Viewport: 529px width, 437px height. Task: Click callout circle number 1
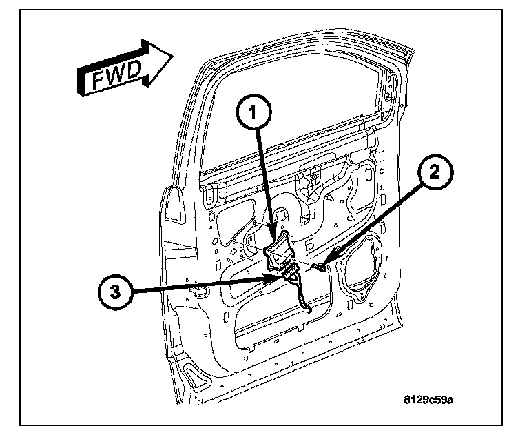(253, 112)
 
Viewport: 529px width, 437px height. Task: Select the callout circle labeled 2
(435, 172)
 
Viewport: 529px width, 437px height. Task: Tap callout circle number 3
(116, 292)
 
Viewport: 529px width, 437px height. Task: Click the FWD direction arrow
(125, 68)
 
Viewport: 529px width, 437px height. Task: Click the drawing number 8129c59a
(428, 400)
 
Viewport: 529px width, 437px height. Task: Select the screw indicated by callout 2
(319, 267)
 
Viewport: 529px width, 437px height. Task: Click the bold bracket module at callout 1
(278, 250)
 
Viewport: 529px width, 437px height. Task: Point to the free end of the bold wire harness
(309, 310)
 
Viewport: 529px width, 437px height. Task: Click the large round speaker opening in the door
(360, 267)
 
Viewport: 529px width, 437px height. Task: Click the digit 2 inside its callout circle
(435, 172)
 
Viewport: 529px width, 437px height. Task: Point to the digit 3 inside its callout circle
(116, 292)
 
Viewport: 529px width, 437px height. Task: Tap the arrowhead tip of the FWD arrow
(173, 55)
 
